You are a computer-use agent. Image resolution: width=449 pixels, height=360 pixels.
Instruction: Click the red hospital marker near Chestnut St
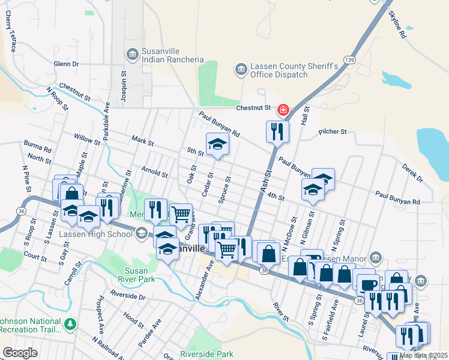(283, 110)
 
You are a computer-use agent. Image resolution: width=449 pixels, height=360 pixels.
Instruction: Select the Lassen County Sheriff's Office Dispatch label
(279, 70)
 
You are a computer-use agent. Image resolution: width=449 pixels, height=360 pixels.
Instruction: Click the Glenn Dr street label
(66, 64)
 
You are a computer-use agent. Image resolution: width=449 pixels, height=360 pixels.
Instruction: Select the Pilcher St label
(333, 131)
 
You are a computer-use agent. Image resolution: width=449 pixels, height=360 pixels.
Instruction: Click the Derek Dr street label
(413, 173)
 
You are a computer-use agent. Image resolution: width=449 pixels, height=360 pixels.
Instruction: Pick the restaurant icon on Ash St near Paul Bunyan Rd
(277, 131)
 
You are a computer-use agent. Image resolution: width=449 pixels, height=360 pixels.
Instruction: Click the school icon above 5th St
(217, 143)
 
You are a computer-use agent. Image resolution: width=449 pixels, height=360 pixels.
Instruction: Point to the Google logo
(20, 353)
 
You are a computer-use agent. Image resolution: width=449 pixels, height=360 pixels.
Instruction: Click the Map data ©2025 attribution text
(423, 355)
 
